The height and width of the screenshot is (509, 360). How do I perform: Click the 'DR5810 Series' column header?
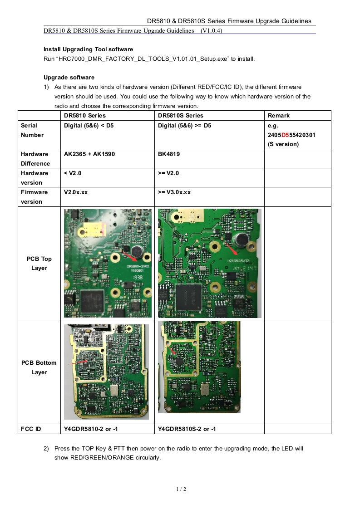tap(84, 116)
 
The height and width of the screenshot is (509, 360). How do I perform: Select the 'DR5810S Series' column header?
tap(181, 116)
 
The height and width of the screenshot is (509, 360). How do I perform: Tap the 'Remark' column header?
tap(279, 116)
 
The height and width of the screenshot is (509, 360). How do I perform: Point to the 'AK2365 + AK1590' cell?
tap(89, 154)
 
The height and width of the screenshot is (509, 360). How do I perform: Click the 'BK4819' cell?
tap(168, 154)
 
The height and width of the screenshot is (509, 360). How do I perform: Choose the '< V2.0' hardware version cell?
tap(73, 173)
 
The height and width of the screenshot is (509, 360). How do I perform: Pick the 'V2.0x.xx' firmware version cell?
tap(76, 192)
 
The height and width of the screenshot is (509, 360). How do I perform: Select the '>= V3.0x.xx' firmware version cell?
tap(174, 192)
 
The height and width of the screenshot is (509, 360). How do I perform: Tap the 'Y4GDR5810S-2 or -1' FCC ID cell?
tap(187, 429)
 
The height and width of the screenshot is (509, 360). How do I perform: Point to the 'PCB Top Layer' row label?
tap(39, 263)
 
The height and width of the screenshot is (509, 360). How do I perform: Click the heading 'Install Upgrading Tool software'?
tap(88, 49)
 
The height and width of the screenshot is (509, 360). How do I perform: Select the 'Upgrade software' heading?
tap(69, 78)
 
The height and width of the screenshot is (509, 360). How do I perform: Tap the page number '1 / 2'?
tap(181, 489)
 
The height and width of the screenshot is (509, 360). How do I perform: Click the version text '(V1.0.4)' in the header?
tap(211, 31)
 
